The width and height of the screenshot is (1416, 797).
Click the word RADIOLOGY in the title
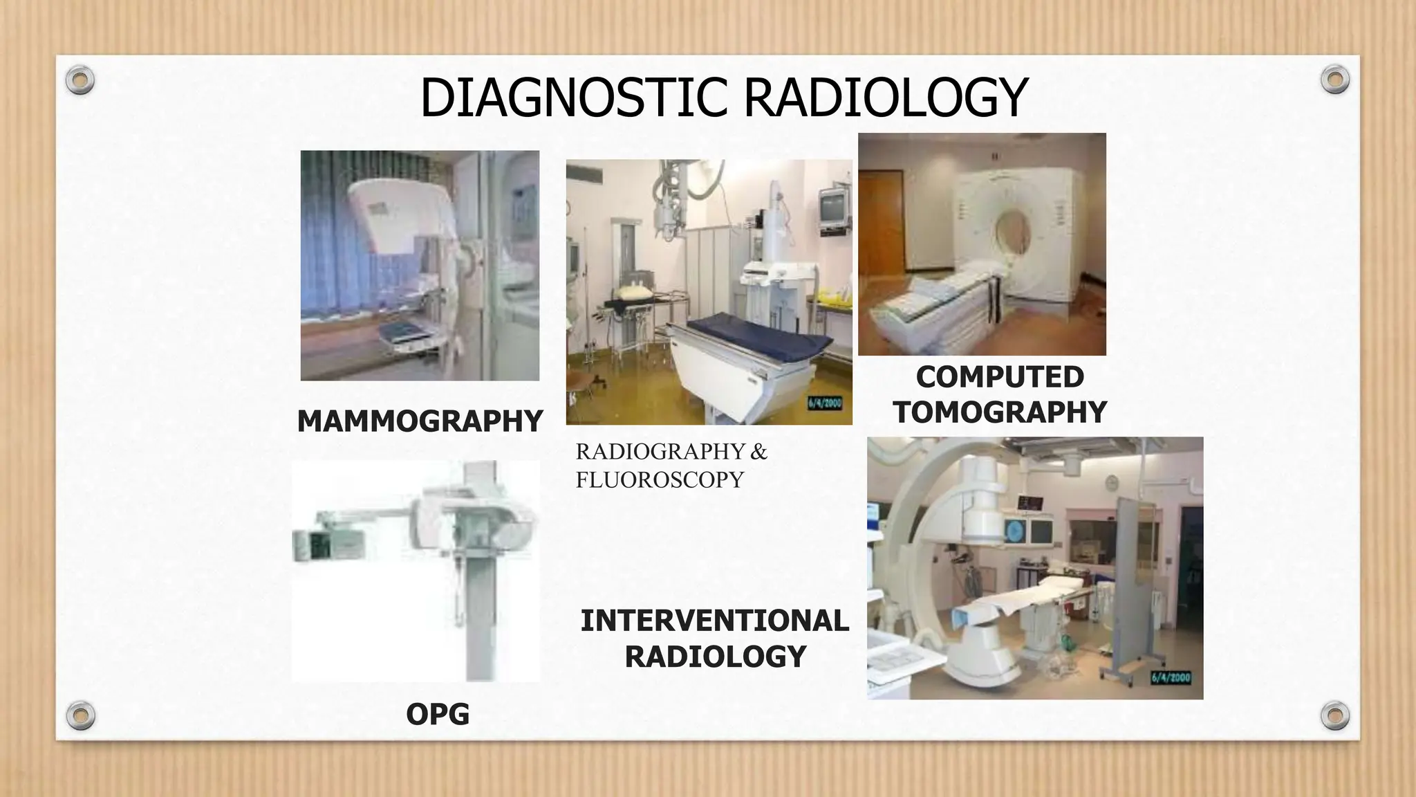(886, 98)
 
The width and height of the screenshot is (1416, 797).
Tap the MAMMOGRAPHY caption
(420, 421)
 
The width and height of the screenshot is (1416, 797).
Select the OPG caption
(438, 714)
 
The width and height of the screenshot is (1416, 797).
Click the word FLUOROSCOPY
(660, 479)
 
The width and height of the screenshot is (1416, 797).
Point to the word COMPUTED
(1000, 377)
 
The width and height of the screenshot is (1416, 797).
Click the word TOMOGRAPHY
(1000, 412)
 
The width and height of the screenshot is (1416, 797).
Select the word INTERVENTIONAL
(714, 621)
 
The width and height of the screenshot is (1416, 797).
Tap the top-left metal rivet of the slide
(80, 80)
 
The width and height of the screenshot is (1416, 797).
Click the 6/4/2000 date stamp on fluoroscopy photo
(825, 403)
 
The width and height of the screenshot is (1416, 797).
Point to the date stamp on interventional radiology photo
(1171, 677)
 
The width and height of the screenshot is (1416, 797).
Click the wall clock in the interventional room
(1112, 482)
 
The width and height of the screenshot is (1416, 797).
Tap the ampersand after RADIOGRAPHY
(758, 452)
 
